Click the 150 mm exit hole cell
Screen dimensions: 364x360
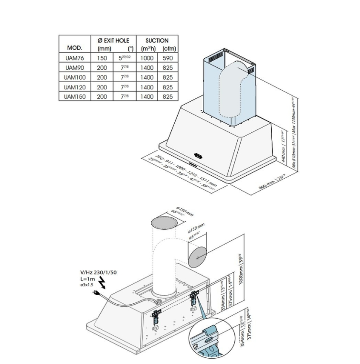pos(102,58)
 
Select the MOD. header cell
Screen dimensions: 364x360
pos(74,48)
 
